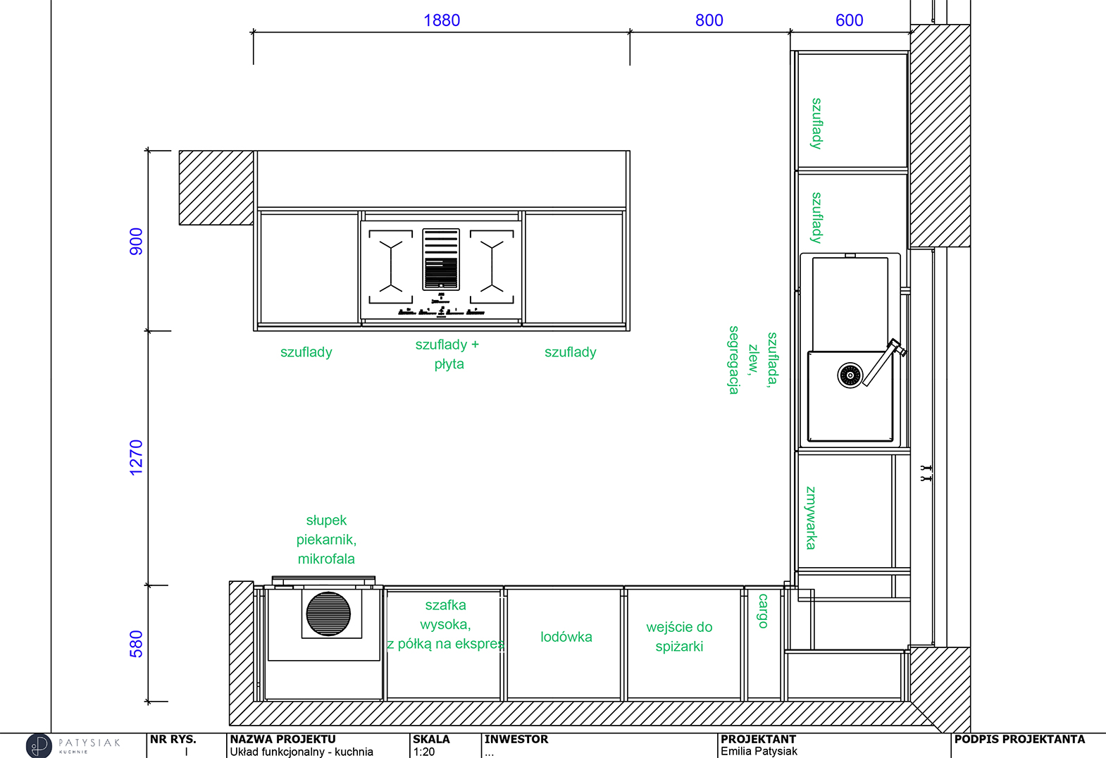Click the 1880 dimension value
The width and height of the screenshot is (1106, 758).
pos(442,20)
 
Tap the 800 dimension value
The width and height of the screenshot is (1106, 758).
pos(709,20)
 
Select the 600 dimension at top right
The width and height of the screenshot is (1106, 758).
pos(850,20)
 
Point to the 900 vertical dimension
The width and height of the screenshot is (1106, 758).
pos(136,242)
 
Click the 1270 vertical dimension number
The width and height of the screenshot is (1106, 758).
pos(136,458)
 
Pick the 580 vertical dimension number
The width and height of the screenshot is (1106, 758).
pos(136,644)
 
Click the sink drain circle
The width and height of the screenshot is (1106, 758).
pos(850,375)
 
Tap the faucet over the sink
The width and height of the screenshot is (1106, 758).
pos(885,361)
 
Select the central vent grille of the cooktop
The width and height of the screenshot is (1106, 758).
pos(441,259)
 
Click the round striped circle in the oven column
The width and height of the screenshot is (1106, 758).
pos(328,614)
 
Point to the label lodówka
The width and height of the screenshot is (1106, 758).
pos(566,637)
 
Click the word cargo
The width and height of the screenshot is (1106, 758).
pos(764,611)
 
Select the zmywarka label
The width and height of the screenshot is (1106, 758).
pos(811,518)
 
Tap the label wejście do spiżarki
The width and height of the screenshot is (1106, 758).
pos(679,637)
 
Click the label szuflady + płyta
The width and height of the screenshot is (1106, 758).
pos(447,354)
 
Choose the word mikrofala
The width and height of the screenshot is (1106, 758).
pos(326,559)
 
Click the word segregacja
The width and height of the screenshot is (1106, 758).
pos(734,360)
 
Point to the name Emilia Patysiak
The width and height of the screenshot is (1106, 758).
pos(759,751)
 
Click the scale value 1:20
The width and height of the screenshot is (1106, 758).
pos(424,752)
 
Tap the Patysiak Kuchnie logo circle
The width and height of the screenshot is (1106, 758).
pos(39,745)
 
